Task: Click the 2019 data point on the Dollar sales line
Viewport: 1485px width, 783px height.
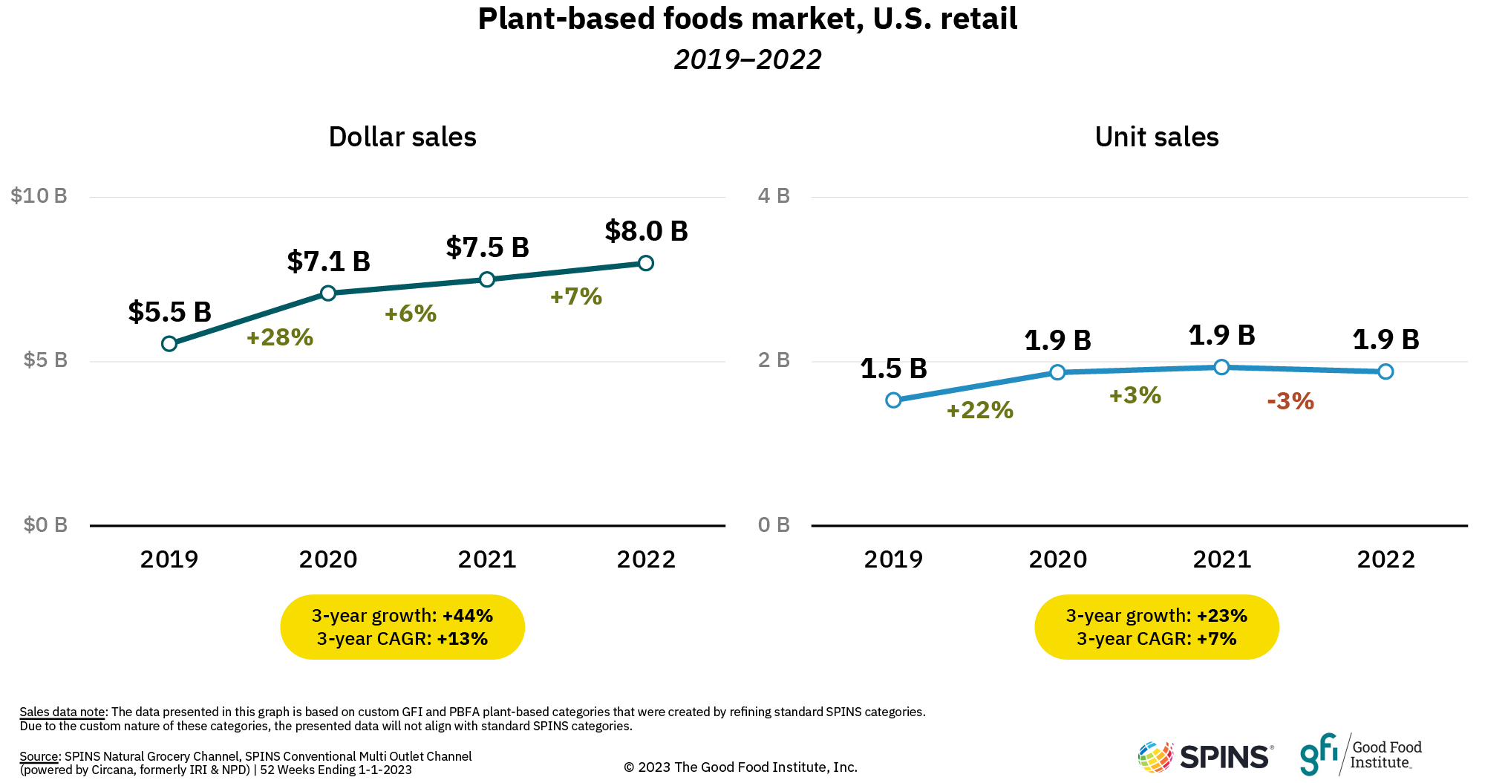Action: coord(169,343)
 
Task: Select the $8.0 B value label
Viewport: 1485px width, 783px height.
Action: coord(646,231)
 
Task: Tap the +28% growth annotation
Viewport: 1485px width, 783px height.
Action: coord(280,337)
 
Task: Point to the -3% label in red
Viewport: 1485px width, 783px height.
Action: coord(1290,401)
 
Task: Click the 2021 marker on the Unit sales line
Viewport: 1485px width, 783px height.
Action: coord(1221,367)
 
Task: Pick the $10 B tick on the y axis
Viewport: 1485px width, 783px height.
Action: coord(39,196)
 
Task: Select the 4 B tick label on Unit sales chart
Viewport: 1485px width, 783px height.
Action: coord(773,196)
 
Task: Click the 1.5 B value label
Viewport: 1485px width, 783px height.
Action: coord(893,368)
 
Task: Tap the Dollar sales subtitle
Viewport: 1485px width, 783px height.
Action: coord(402,137)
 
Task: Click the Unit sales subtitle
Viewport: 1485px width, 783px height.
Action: coord(1156,137)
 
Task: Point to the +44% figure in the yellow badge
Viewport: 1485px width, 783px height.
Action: coord(468,616)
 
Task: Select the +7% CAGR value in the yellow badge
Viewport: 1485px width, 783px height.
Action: coord(1216,639)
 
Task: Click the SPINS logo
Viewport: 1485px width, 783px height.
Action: coord(1206,756)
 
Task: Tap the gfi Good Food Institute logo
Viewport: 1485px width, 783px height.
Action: coord(1360,754)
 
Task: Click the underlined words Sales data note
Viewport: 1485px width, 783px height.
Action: coord(62,712)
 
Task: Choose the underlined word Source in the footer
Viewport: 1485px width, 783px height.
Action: coord(39,756)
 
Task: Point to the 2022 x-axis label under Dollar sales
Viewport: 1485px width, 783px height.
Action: coord(646,559)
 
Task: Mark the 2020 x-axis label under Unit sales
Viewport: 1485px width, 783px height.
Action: coord(1057,559)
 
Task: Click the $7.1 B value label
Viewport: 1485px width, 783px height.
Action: coord(328,261)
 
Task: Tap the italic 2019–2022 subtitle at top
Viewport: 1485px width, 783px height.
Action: coord(747,59)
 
